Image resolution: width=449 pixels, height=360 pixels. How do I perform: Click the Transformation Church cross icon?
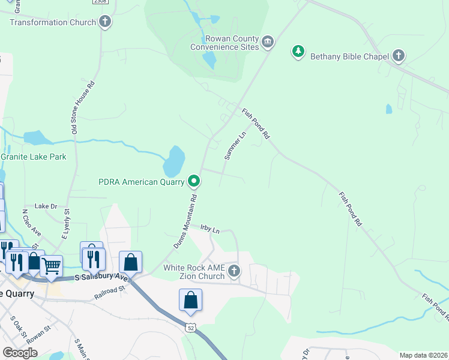point(105,22)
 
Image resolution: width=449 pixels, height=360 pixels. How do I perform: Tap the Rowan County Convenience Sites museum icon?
point(268,41)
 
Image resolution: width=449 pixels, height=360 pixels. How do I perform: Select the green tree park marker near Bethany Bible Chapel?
point(298,52)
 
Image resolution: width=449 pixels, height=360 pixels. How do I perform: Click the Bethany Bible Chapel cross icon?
point(398,56)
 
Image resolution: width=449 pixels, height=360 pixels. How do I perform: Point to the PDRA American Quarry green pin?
point(194,180)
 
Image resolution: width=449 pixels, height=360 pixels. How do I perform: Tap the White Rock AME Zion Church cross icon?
point(234,272)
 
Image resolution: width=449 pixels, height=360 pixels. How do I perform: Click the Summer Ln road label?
point(235,146)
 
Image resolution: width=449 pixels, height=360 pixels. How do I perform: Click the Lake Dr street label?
point(46,206)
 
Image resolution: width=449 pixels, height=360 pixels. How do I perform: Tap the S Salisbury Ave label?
point(101,278)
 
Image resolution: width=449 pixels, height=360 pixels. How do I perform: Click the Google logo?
point(20,352)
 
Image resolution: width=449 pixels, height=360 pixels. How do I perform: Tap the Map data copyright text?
point(423,355)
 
